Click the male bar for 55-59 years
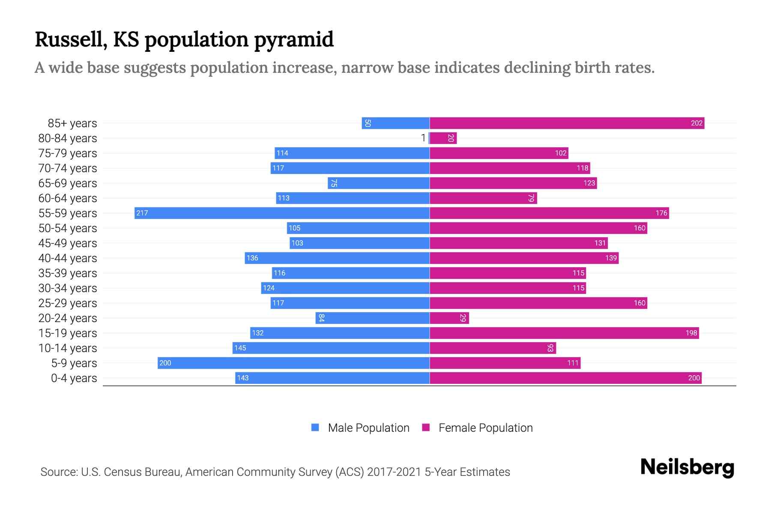pos(282,213)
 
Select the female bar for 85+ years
pos(567,123)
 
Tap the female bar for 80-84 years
pos(443,138)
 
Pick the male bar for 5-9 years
pos(293,363)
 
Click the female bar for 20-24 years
pos(449,318)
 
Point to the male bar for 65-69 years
pos(379,183)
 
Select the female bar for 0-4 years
pos(565,378)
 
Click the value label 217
pos(142,213)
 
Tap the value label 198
pos(691,333)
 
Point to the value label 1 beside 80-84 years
pos(423,138)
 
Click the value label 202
pos(696,123)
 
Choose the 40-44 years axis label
pos(68,258)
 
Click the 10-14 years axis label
pos(68,348)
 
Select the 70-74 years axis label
pos(68,168)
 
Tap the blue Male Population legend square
pos(315,427)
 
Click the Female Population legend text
pos(485,427)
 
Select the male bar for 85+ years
pos(395,123)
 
